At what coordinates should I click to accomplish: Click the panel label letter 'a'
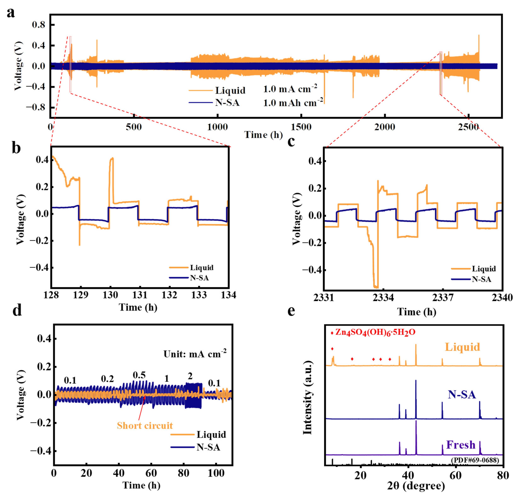[11, 13]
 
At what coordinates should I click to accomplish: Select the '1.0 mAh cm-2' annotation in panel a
[293, 103]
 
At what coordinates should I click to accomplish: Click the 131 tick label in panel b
[140, 295]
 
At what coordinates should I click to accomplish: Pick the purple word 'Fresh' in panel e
[461, 445]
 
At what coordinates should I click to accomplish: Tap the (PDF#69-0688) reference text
[475, 460]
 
